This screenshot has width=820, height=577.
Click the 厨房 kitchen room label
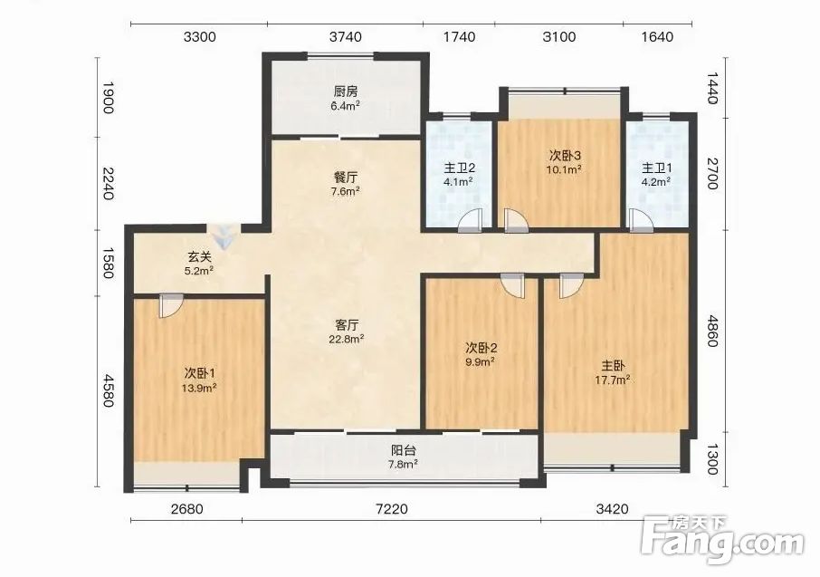(346, 91)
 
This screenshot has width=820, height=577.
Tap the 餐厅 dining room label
(345, 177)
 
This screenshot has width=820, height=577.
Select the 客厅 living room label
(347, 324)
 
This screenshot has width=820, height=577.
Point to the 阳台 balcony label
(405, 450)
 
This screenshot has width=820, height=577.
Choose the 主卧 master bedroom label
(613, 366)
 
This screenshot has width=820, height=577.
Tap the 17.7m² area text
(613, 380)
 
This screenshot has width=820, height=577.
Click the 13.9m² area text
(200, 388)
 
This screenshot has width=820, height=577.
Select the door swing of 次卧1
(172, 306)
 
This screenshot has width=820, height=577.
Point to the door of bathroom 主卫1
(641, 220)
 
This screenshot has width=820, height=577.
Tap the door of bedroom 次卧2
(512, 286)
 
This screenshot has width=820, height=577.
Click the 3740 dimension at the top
(346, 36)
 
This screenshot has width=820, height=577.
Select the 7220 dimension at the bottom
(392, 508)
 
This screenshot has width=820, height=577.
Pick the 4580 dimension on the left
(108, 390)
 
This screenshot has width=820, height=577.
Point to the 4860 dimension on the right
(711, 331)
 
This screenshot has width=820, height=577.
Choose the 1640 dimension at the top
(657, 36)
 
